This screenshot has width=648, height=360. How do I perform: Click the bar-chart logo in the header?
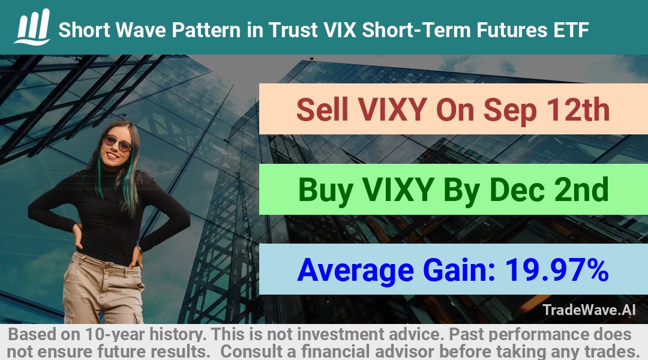(x=32, y=27)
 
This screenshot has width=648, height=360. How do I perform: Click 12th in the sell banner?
(x=578, y=110)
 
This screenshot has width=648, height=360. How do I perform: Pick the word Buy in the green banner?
(x=326, y=191)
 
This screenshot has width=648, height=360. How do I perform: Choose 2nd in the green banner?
(x=581, y=190)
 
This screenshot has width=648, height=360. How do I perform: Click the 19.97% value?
(x=557, y=270)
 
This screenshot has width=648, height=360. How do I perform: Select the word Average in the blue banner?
(x=355, y=271)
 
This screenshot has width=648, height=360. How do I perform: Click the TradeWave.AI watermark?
(x=589, y=310)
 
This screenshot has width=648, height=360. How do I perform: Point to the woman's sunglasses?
(x=118, y=143)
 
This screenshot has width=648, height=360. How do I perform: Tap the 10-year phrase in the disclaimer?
(x=115, y=334)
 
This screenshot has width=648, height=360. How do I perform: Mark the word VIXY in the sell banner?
(x=392, y=110)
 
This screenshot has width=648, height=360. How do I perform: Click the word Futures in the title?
(x=511, y=30)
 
